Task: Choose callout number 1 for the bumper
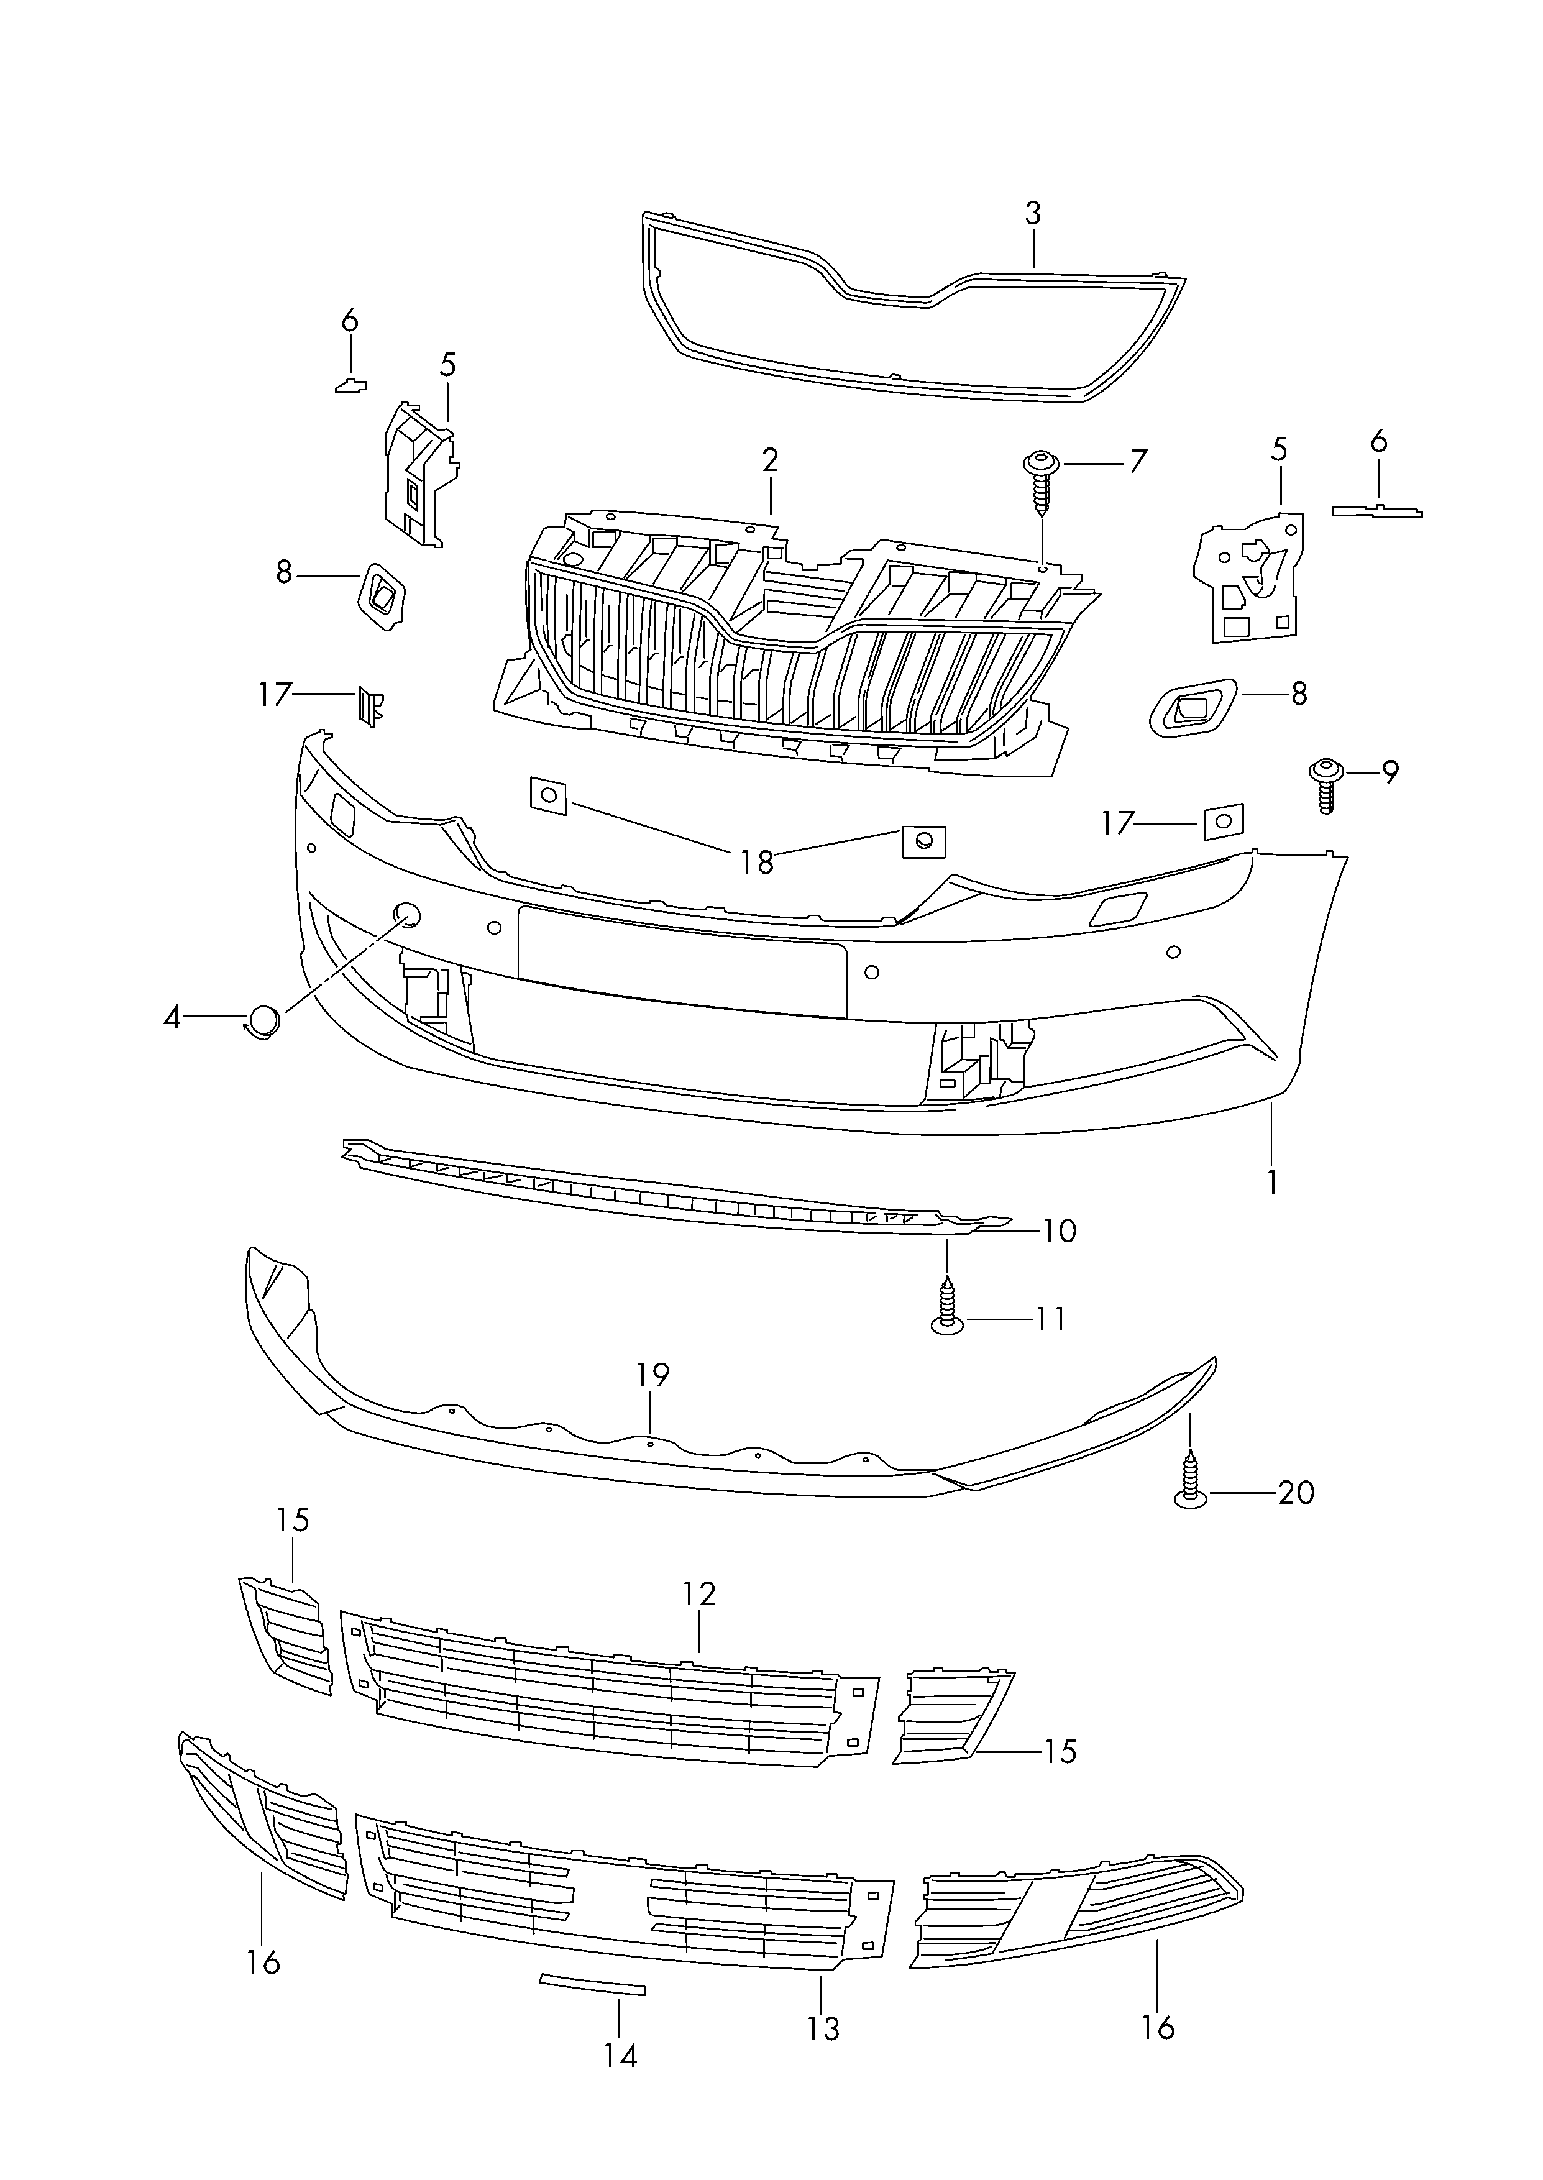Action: tap(1271, 1182)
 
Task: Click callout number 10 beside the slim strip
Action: tap(1060, 1231)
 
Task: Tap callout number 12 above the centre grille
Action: tap(699, 1593)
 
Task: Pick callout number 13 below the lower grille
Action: tap(824, 2028)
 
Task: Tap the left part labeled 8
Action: tap(382, 597)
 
